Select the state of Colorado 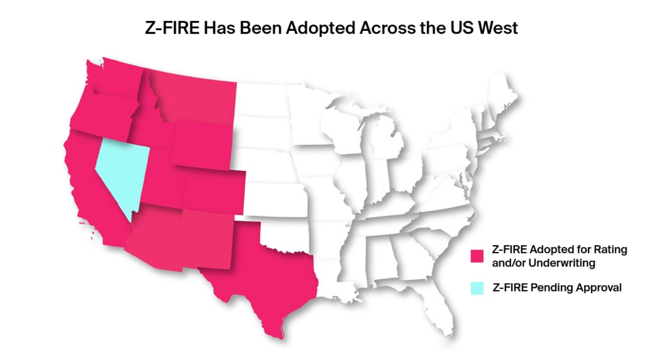click(x=214, y=191)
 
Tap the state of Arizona click(x=153, y=236)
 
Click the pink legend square click(x=477, y=256)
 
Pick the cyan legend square click(x=477, y=288)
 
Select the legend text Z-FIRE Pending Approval click(x=556, y=288)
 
